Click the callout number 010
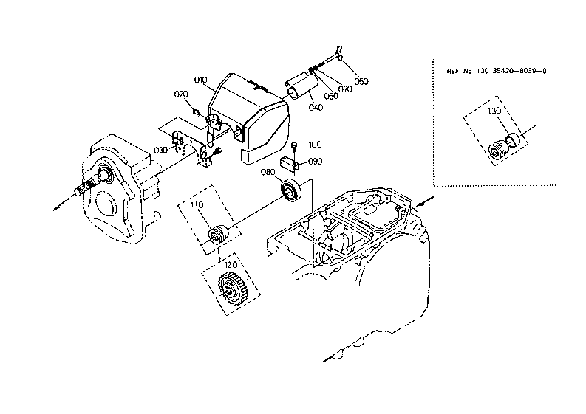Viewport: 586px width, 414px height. pyautogui.click(x=201, y=80)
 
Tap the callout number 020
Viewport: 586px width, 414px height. pyautogui.click(x=181, y=94)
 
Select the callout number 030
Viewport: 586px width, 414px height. pyautogui.click(x=160, y=151)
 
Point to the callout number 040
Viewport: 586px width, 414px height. pyautogui.click(x=316, y=108)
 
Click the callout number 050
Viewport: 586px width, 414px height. pyautogui.click(x=361, y=81)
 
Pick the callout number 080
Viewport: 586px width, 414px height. pyautogui.click(x=268, y=172)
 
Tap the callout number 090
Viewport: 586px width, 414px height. pyautogui.click(x=315, y=162)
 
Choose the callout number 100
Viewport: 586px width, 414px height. pyautogui.click(x=315, y=145)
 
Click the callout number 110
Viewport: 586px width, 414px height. pyautogui.click(x=197, y=204)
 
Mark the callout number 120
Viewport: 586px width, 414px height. pyautogui.click(x=231, y=265)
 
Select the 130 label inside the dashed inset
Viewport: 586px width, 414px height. pyautogui.click(x=494, y=111)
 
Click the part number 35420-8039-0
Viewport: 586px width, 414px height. pyautogui.click(x=519, y=71)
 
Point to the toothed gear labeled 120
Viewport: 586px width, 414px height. pyautogui.click(x=231, y=288)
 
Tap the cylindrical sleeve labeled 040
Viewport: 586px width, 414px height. pyautogui.click(x=300, y=86)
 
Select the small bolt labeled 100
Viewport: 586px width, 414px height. pyautogui.click(x=294, y=146)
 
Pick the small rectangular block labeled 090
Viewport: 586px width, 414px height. pyautogui.click(x=289, y=164)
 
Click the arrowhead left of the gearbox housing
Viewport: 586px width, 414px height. pyautogui.click(x=57, y=207)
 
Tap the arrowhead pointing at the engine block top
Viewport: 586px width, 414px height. pyautogui.click(x=420, y=204)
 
